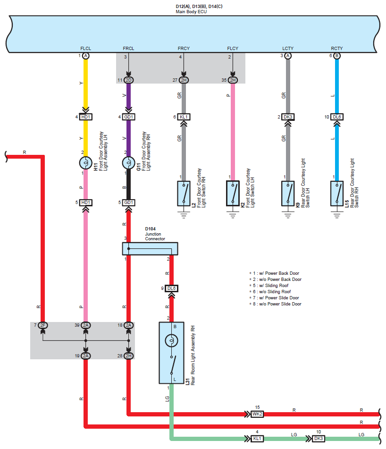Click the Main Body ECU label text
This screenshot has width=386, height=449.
[x=191, y=11]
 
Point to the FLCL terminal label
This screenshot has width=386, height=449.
[x=85, y=48]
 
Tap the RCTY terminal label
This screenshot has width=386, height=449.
[x=336, y=48]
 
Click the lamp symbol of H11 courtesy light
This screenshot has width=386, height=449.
[x=85, y=163]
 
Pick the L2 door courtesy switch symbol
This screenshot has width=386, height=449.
[x=184, y=194]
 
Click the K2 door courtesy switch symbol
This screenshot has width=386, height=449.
[x=233, y=194]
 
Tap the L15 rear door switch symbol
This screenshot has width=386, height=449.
[x=336, y=194]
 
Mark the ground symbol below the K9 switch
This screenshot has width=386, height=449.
[x=287, y=215]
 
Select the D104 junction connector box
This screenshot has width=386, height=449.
[x=150, y=248]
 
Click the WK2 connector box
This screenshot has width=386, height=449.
[x=257, y=414]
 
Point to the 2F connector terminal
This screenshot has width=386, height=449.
[x=42, y=325]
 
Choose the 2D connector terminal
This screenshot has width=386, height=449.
[x=129, y=80]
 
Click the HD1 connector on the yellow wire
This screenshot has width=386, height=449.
[x=85, y=117]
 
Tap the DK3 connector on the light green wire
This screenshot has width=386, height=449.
[x=319, y=439]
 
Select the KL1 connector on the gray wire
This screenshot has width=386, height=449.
[x=184, y=117]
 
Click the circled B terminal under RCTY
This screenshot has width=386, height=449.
[x=336, y=56]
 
